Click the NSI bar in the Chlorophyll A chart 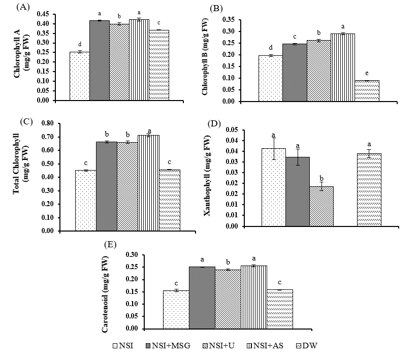pos(79,76)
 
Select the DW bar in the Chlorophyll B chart pos(367,91)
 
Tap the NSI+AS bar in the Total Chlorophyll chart pos(148,183)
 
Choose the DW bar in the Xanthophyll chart pos(369,190)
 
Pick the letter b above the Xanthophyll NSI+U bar pos(321,177)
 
